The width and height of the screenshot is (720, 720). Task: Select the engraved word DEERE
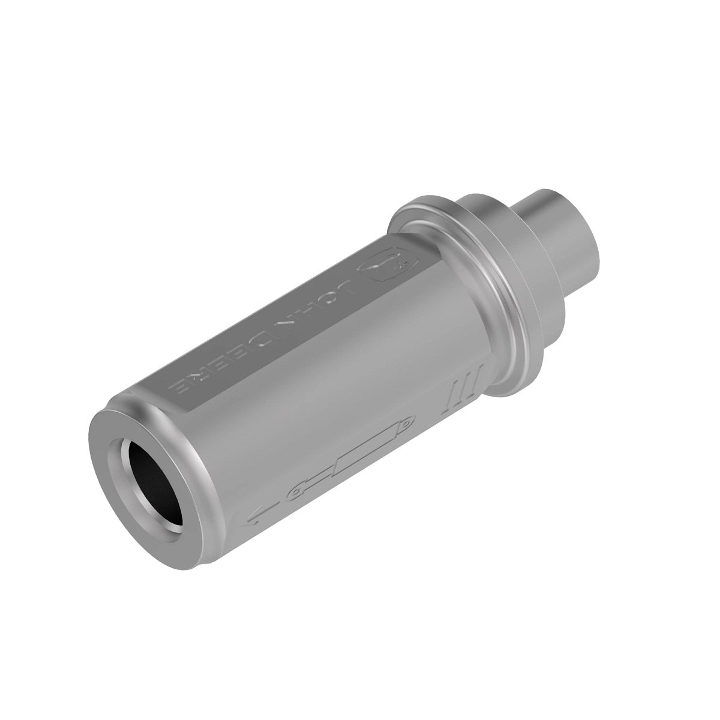[x=223, y=370]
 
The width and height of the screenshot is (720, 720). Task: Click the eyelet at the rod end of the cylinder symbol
[x=295, y=493]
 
